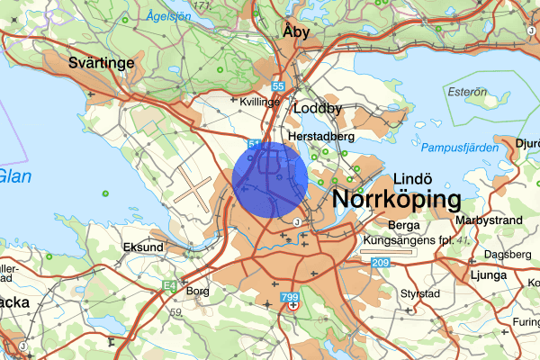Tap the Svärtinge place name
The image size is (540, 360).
(102, 63)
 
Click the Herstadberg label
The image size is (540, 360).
(321, 136)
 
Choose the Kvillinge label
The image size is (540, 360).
(261, 102)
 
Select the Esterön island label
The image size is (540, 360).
(466, 92)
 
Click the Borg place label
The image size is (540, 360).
(197, 291)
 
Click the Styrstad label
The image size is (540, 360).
(420, 293)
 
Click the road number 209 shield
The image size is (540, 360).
(379, 262)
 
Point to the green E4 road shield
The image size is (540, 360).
(171, 286)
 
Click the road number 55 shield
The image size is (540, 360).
(279, 86)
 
